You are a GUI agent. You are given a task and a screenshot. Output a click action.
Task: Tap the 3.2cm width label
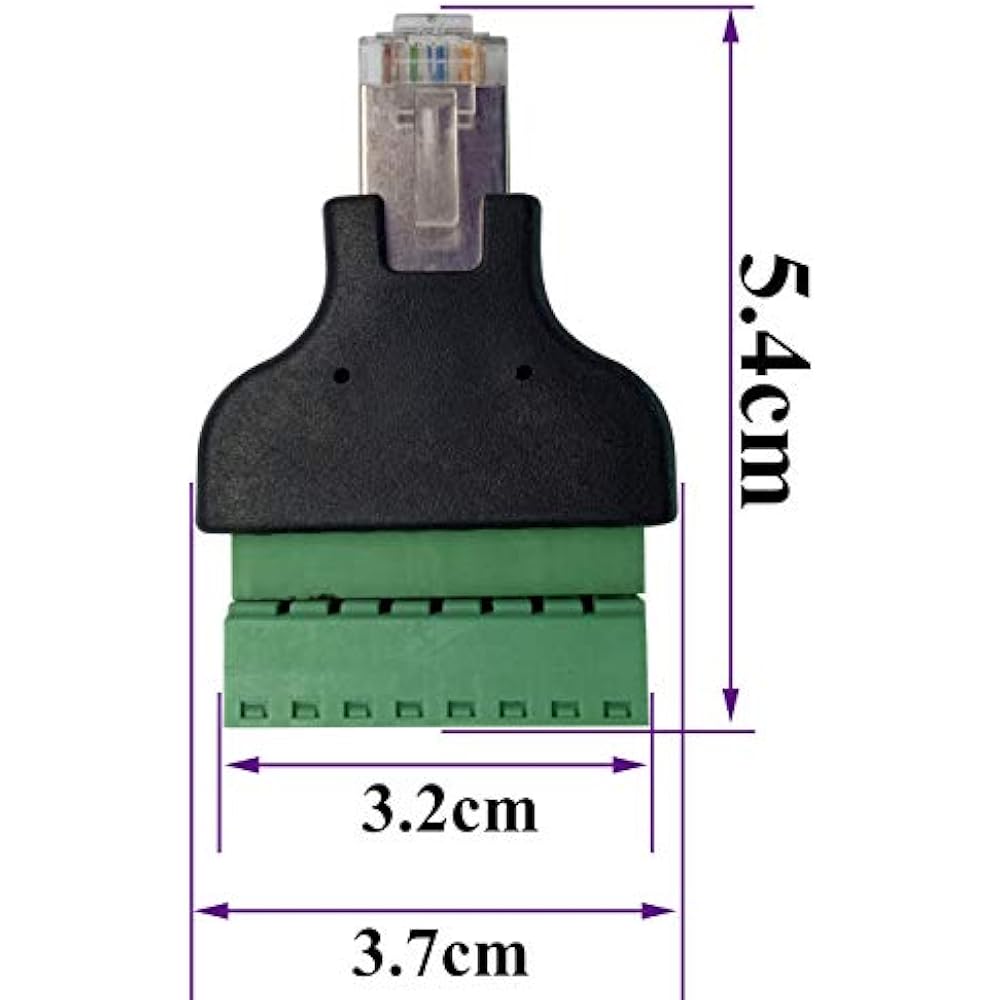tap(449, 811)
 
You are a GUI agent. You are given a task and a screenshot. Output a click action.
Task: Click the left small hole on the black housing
tap(341, 376)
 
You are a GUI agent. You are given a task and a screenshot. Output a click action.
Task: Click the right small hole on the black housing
tap(521, 374)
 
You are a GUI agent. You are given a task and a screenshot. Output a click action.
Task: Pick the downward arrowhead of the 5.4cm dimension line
tap(732, 706)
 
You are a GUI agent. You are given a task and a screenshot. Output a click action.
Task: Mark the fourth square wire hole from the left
tap(407, 711)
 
